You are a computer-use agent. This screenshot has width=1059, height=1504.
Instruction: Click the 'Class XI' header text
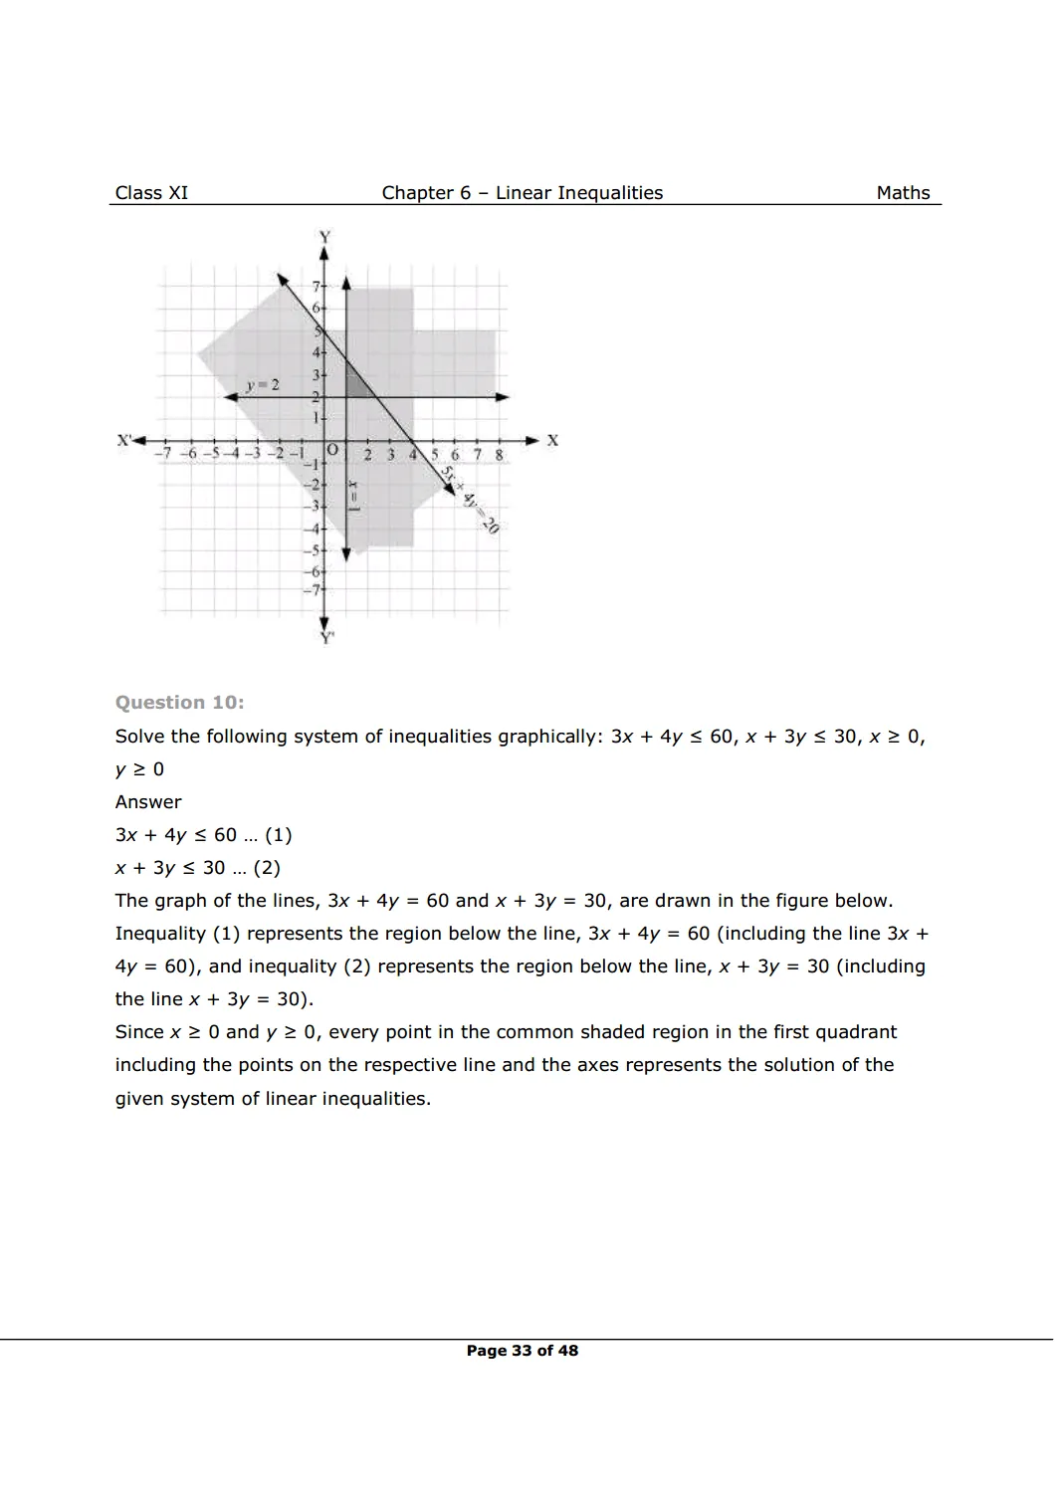[151, 193]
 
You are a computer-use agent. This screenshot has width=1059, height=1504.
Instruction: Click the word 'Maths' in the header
[903, 193]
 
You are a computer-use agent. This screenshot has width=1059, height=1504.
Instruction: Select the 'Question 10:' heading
[179, 703]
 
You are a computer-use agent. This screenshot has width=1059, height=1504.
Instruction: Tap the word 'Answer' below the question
[148, 802]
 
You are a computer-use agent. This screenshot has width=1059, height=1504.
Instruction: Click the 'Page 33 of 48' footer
[522, 1351]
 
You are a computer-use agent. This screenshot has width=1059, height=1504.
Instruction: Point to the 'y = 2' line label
[263, 385]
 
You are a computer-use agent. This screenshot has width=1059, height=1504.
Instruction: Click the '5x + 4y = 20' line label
[470, 500]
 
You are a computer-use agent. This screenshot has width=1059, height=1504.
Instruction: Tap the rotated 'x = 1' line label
[353, 495]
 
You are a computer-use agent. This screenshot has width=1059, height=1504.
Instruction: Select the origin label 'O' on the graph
[332, 451]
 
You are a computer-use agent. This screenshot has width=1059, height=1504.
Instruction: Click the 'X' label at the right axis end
[552, 440]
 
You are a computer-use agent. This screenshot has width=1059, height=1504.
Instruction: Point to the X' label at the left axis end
[125, 440]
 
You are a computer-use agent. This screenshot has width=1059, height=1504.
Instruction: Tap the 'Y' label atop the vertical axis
[323, 237]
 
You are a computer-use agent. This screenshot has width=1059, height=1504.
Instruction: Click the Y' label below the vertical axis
[326, 638]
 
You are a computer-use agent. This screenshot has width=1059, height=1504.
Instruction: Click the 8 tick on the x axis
[499, 455]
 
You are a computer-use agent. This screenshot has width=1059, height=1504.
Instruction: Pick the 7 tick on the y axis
[316, 287]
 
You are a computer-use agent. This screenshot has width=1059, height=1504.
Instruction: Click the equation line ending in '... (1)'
[203, 835]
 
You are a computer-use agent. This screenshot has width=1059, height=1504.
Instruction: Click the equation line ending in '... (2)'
[197, 868]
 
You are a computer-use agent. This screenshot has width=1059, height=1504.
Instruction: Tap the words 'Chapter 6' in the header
[426, 193]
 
